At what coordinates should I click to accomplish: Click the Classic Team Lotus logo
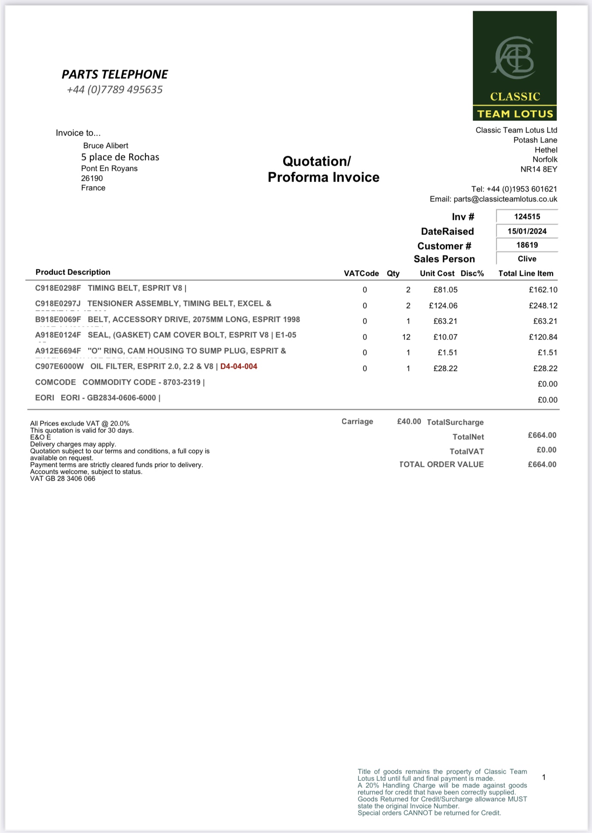[515, 66]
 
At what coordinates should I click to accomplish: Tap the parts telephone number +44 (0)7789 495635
[114, 89]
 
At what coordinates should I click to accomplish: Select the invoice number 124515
[527, 217]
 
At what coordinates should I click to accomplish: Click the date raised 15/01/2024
[527, 231]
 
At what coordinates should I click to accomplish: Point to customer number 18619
[527, 245]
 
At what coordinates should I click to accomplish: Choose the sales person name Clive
[527, 259]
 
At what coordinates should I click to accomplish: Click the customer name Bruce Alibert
[106, 146]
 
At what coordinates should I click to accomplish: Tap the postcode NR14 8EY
[539, 170]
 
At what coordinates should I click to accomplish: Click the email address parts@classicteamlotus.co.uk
[505, 199]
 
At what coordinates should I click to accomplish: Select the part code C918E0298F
[58, 288]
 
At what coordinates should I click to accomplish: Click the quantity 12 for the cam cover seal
[406, 337]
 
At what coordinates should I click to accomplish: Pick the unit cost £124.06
[443, 306]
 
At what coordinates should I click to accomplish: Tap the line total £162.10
[543, 290]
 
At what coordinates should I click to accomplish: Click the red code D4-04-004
[239, 367]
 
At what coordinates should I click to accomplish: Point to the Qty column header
[393, 274]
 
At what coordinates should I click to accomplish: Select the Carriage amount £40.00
[409, 422]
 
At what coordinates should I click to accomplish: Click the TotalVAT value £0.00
[546, 450]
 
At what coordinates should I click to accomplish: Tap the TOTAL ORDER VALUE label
[441, 465]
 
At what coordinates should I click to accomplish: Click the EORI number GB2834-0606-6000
[121, 398]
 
